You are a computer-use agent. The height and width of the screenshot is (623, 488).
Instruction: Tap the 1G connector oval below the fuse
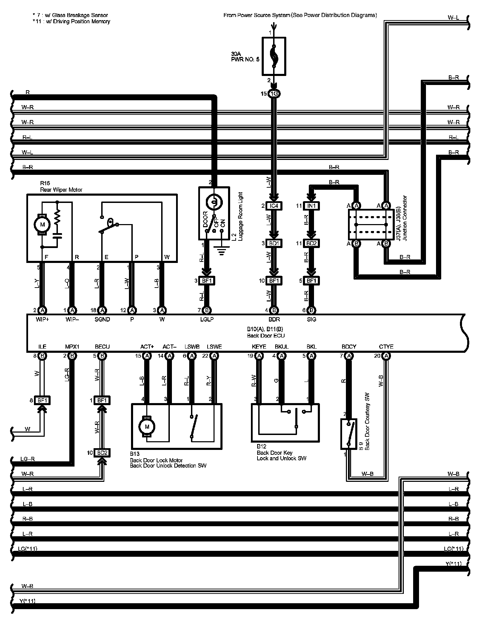(274, 94)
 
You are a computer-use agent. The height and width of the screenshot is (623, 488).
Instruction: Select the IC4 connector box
(274, 206)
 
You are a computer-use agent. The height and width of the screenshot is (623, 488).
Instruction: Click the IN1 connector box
(311, 206)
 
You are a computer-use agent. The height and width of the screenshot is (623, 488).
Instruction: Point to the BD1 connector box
(274, 243)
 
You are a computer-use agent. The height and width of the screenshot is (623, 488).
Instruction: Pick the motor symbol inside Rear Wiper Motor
(42, 224)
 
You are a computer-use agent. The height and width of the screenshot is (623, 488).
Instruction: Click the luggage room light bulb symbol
(214, 202)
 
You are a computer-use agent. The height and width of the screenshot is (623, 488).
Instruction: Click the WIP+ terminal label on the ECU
(42, 319)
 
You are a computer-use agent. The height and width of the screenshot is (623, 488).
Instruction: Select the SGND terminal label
(102, 319)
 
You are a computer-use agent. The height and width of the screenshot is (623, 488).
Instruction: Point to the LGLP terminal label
(207, 319)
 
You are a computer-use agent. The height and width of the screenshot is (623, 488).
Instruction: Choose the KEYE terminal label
(259, 347)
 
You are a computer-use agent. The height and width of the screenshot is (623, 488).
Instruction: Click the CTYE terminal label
(386, 347)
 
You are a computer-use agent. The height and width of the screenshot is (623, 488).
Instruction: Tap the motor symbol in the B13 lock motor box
(147, 427)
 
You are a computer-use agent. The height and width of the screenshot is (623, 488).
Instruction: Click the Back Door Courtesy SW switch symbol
(349, 434)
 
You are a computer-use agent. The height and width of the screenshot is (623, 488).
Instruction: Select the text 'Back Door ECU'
(266, 335)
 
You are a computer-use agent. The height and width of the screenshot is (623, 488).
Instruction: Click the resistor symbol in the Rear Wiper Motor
(58, 217)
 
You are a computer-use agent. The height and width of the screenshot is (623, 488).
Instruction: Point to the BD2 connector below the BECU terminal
(102, 453)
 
